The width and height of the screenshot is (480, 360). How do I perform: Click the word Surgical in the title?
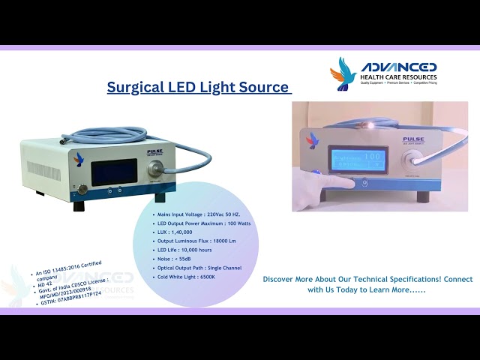point(133,87)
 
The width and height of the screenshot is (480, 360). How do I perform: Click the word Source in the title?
point(265,87)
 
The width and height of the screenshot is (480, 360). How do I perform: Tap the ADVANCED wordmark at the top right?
point(398,67)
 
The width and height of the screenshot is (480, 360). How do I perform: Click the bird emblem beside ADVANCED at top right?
point(344,73)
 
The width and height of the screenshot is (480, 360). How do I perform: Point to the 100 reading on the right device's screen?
point(373,156)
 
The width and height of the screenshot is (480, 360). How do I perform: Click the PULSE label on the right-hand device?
point(413,139)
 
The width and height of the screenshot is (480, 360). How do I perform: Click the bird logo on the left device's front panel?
point(79,157)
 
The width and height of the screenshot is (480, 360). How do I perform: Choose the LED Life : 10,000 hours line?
point(185,250)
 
